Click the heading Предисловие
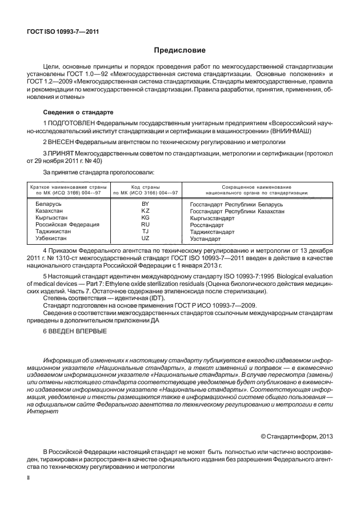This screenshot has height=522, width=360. [x=179, y=50]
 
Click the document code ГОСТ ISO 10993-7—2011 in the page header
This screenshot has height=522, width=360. [x=63, y=31]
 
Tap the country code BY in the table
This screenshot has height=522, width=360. [x=145, y=204]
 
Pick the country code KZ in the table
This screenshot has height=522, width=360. [x=145, y=210]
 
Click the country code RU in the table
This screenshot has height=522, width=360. [x=145, y=224]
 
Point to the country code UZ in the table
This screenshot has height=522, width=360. [x=145, y=238]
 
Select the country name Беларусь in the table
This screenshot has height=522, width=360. [x=50, y=204]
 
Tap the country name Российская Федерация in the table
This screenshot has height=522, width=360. [x=67, y=224]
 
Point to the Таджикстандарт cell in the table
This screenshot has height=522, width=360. [x=212, y=232]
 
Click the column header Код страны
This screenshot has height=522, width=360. [x=145, y=187]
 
